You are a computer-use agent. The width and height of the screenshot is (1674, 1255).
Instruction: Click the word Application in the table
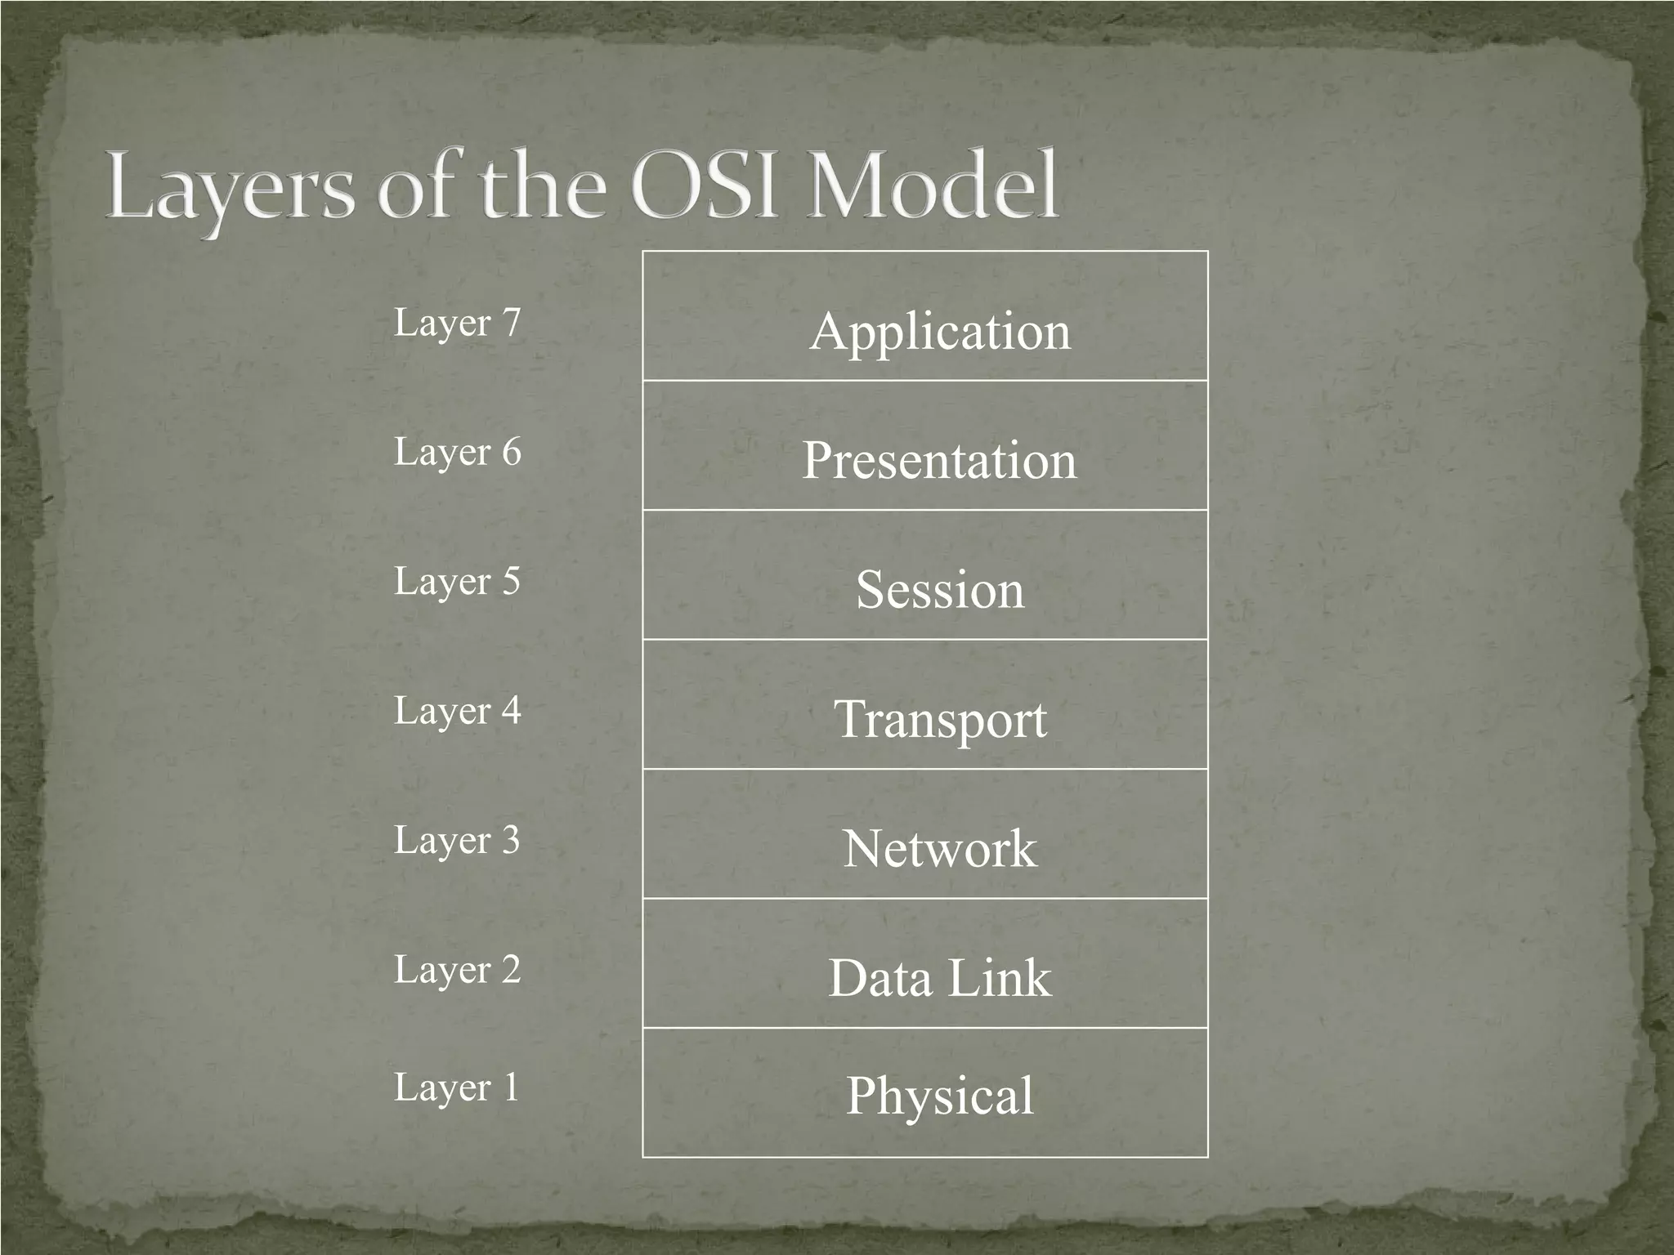[940, 331]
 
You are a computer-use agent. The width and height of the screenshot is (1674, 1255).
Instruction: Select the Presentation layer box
[939, 459]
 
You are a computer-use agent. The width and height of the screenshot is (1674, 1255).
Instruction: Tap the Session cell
[939, 589]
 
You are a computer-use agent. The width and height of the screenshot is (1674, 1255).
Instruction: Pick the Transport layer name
[940, 719]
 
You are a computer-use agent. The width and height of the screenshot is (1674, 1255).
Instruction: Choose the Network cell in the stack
[940, 848]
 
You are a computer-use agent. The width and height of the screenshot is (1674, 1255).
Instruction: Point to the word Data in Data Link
[880, 978]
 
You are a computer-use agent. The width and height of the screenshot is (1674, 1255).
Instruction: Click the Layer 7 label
[457, 323]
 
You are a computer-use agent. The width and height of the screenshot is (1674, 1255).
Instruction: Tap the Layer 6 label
[457, 452]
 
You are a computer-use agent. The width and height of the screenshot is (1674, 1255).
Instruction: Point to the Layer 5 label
[457, 582]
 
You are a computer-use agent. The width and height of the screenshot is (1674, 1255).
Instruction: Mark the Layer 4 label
[457, 711]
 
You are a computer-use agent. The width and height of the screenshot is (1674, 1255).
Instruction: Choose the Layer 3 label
[457, 840]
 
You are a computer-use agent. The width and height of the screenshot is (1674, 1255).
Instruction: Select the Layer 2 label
[457, 970]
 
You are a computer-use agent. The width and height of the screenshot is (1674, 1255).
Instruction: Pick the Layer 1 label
[457, 1088]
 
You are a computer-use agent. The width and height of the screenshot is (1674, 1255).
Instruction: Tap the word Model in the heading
[932, 186]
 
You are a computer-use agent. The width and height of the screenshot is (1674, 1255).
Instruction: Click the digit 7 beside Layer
[512, 323]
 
